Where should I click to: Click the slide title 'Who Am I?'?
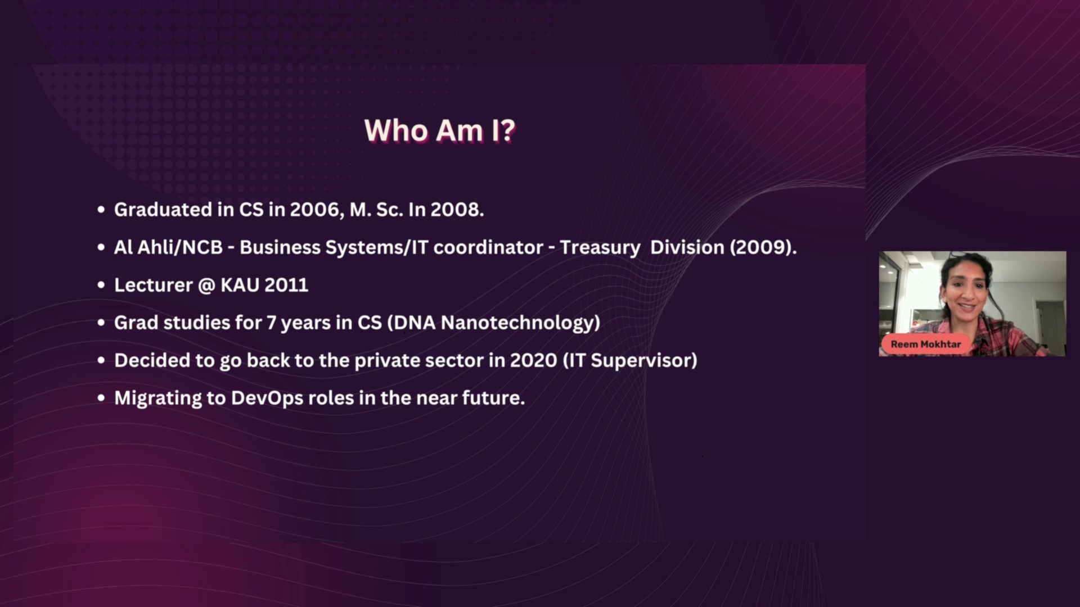coord(440,130)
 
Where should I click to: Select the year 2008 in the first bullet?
coord(456,210)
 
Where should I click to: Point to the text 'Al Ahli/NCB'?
coord(168,247)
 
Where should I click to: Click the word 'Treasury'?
coord(600,248)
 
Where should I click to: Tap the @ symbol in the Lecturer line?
coord(207,286)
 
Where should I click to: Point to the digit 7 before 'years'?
coord(271,323)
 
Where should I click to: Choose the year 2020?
coord(533,360)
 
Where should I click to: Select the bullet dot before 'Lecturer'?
coord(101,286)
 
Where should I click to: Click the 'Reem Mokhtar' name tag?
coord(926,344)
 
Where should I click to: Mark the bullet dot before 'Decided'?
coord(101,361)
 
